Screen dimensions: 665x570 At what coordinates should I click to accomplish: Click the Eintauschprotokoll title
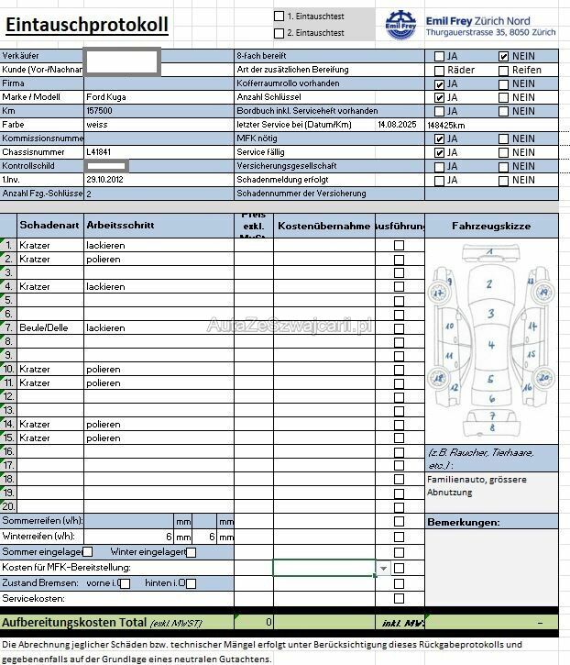pos(87,25)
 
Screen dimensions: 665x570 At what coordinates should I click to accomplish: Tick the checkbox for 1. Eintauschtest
pos(280,16)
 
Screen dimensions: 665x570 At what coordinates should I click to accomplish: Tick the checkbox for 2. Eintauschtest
pos(280,33)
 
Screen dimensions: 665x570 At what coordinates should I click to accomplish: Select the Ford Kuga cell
pos(107,96)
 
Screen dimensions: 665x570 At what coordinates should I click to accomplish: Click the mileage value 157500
pos(99,110)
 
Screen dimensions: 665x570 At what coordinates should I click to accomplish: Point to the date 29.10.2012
pos(104,180)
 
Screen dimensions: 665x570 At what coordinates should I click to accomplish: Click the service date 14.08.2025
pos(397,124)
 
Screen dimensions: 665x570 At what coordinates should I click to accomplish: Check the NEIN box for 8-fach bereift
pos(503,56)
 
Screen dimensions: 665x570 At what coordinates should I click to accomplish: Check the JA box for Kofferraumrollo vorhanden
pos(439,83)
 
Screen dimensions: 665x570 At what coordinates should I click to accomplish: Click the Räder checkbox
pos(439,70)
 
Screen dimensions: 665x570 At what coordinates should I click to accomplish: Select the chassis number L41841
pos(99,152)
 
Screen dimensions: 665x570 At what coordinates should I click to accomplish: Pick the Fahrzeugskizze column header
pos(490,226)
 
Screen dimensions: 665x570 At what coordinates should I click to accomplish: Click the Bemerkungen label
pos(464,523)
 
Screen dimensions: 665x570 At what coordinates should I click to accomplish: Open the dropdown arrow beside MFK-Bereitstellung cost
pos(383,569)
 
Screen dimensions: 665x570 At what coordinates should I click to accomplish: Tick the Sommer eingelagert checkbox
pos(88,552)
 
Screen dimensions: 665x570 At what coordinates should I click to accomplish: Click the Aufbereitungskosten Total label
pos(74,623)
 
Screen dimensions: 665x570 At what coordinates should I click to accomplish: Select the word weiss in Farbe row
pos(97,124)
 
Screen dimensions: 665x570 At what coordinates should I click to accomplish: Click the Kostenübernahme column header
pos(323,226)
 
